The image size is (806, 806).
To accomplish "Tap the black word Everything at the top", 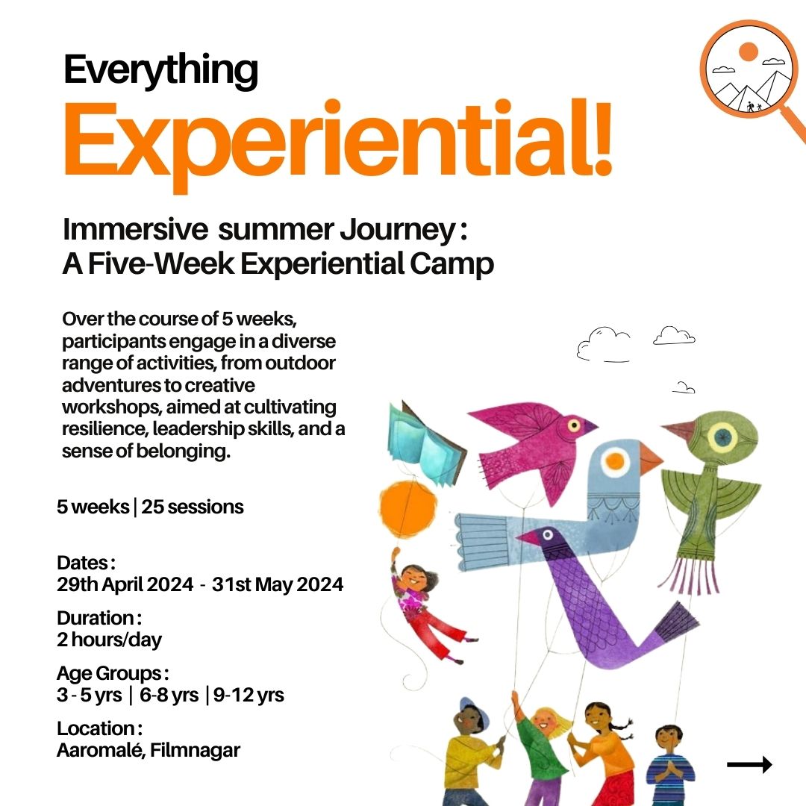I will [160, 72].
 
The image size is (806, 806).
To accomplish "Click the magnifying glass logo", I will [749, 71].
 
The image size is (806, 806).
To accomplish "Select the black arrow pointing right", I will [749, 764].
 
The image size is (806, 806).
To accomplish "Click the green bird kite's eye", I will [722, 437].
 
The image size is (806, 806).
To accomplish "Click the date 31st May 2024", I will [278, 585].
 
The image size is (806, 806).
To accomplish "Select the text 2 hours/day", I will [109, 640].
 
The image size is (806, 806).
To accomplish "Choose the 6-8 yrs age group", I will [169, 695].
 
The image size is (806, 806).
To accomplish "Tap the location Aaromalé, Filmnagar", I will [149, 750].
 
